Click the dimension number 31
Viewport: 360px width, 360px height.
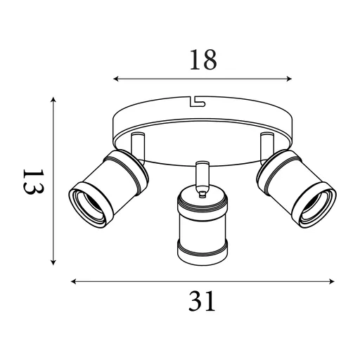(202, 302)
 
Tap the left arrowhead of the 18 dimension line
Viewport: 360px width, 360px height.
(116, 79)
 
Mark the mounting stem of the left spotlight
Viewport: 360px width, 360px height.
(136, 145)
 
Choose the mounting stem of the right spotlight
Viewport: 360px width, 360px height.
(266, 143)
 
